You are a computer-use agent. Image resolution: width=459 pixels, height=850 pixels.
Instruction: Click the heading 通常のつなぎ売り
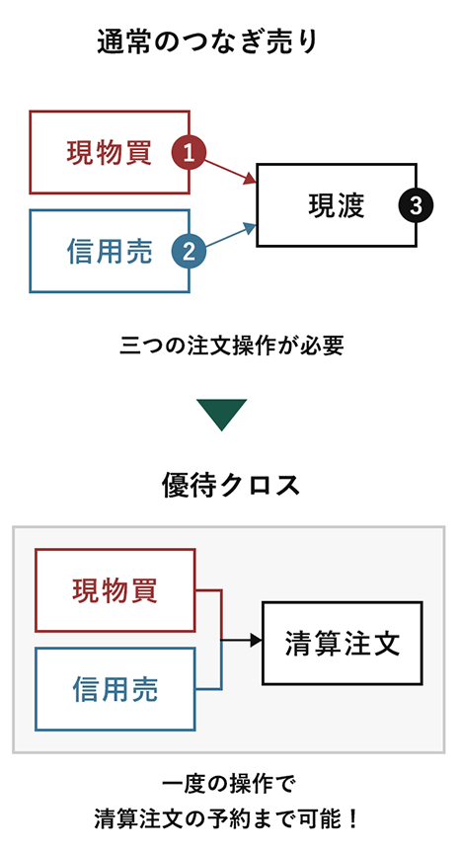[x=207, y=42]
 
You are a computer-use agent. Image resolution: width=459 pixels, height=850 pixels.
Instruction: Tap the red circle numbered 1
[x=189, y=153]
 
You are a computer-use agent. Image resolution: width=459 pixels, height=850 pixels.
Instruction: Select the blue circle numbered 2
[x=189, y=251]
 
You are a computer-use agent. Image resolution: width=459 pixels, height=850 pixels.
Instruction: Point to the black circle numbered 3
[x=416, y=205]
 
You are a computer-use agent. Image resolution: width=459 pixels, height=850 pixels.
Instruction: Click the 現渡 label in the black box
[x=337, y=205]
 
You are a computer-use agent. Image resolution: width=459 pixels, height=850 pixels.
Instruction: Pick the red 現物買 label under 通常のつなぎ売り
[x=109, y=152]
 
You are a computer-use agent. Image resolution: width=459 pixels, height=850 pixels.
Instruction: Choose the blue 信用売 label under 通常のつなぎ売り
[x=110, y=251]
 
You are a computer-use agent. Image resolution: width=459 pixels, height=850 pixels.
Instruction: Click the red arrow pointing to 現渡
[x=230, y=170]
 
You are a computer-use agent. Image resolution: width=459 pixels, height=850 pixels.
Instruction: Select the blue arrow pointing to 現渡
[x=230, y=235]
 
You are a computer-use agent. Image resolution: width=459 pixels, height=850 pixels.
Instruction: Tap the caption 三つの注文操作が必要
[x=231, y=346]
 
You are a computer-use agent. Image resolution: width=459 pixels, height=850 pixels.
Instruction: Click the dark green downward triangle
[x=222, y=415]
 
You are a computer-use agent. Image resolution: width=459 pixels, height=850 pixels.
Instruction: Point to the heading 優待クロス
[x=231, y=485]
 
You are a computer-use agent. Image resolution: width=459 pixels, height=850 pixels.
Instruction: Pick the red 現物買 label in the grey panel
[x=115, y=590]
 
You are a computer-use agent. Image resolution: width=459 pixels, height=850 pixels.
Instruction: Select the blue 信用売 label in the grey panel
[x=115, y=689]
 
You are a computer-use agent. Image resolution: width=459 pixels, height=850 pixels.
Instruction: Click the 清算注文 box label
[x=343, y=644]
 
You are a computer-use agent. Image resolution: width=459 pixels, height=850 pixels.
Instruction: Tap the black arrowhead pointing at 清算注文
[x=257, y=640]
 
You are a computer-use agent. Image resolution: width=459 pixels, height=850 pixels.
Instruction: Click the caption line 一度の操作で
[x=230, y=784]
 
